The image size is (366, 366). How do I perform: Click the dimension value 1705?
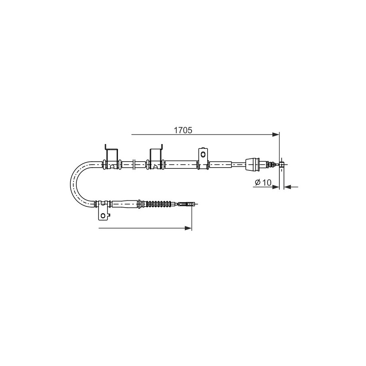pos(183,130)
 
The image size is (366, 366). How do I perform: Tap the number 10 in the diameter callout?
pos(266,182)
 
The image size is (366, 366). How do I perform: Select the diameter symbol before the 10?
pos(258,182)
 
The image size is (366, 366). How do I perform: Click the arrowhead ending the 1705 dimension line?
pos(276,134)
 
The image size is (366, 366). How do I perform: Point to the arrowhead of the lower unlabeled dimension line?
pos(188,228)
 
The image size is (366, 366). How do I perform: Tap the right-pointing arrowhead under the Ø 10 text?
pos(276,187)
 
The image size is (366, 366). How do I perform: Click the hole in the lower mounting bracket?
pos(103,215)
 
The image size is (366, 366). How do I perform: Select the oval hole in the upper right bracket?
pos(203,154)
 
